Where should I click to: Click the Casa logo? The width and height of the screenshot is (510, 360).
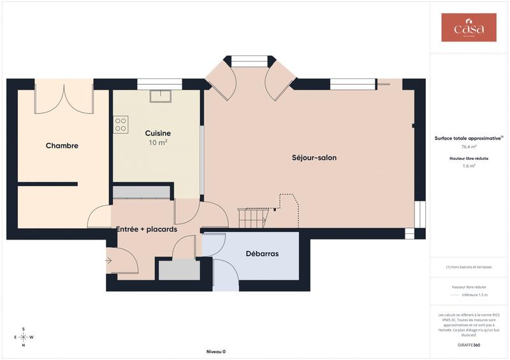469,28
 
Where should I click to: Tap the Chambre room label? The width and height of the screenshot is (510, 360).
62,146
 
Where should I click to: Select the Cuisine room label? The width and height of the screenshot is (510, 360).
157,133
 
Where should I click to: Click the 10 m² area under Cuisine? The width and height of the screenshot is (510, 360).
157,143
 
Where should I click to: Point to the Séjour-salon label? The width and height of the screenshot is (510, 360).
314,157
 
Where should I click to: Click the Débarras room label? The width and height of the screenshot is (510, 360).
262,254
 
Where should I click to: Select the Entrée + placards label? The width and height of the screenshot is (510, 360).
146,229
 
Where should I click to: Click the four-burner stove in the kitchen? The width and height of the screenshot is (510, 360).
120,124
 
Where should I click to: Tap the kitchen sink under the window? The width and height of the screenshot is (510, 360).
158,96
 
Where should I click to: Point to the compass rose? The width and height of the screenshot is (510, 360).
24,337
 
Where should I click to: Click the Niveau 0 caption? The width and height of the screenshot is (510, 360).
216,352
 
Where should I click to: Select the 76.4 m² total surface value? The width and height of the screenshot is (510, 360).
469,147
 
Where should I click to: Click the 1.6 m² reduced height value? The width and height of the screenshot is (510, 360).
469,166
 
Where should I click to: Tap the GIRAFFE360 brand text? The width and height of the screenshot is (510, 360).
469,345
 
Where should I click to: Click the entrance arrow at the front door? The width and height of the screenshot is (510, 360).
109,260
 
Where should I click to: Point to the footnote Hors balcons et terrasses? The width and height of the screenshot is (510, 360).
469,267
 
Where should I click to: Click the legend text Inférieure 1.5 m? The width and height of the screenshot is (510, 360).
474,295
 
